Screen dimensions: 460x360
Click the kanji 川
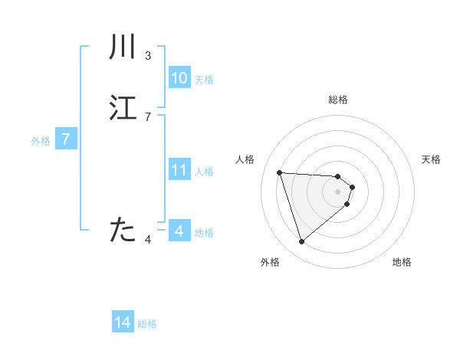click(123, 47)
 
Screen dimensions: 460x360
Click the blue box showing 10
click(179, 78)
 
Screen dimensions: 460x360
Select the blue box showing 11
click(179, 170)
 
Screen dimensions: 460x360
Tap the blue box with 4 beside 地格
click(179, 231)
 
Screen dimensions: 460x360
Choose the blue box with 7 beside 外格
click(66, 139)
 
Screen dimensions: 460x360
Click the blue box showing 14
click(123, 323)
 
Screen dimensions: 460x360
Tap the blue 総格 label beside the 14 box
click(147, 324)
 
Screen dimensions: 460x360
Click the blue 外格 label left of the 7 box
click(40, 141)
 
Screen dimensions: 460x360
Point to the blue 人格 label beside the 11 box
click(205, 172)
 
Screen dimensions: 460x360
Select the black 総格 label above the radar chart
click(338, 100)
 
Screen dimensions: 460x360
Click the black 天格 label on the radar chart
click(431, 159)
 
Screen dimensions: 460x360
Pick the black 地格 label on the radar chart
click(402, 262)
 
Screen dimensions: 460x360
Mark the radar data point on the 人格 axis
click(280, 172)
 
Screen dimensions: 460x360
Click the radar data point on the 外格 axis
click(302, 242)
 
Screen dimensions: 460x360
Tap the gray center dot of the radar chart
click(338, 191)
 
